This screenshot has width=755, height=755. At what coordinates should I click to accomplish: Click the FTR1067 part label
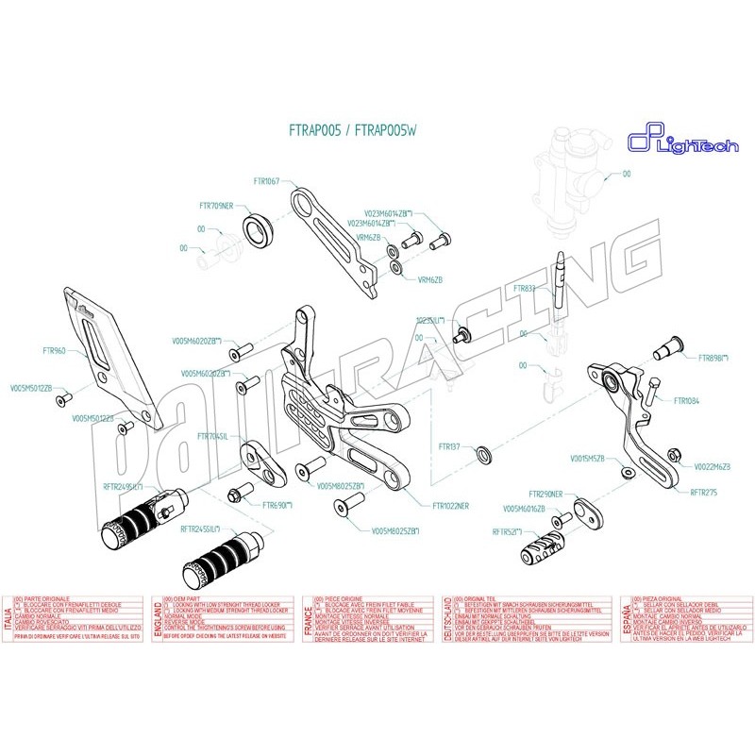267,180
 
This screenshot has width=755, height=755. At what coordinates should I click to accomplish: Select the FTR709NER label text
223,206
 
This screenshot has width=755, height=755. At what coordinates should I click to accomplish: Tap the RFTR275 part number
704,491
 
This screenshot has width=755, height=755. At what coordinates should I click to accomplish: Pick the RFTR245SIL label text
199,529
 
